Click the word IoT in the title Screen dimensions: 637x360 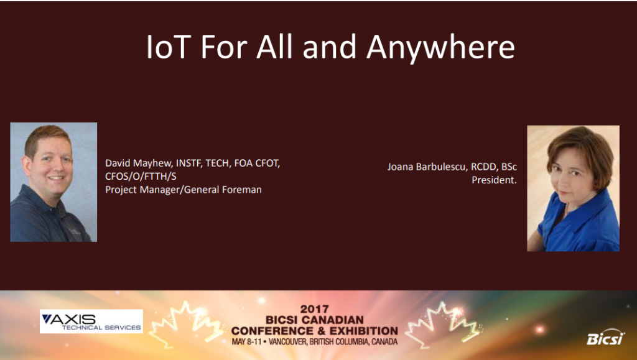(x=168, y=47)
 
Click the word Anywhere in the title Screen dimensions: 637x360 (x=440, y=48)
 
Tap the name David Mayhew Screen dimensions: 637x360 (x=139, y=164)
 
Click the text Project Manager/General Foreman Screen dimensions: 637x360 (x=184, y=190)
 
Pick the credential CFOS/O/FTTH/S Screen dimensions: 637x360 (x=141, y=177)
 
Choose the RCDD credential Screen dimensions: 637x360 (x=483, y=167)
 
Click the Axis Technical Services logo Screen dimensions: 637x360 (x=91, y=321)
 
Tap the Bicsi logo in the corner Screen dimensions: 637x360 (x=605, y=338)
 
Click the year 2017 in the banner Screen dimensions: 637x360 (x=314, y=310)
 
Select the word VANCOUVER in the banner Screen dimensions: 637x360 (x=287, y=342)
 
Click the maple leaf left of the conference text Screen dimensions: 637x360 (x=187, y=324)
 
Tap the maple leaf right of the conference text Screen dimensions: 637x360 (x=443, y=324)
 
